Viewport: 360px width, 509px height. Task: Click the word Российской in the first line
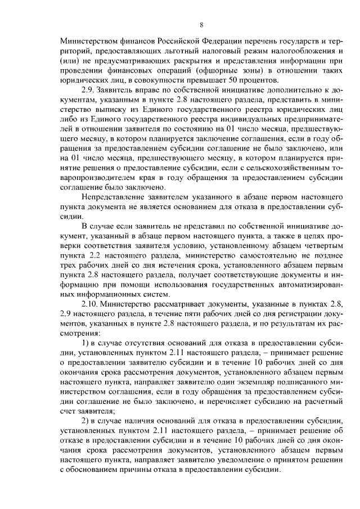[x=164, y=42]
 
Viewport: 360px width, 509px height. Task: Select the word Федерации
[x=219, y=42]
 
